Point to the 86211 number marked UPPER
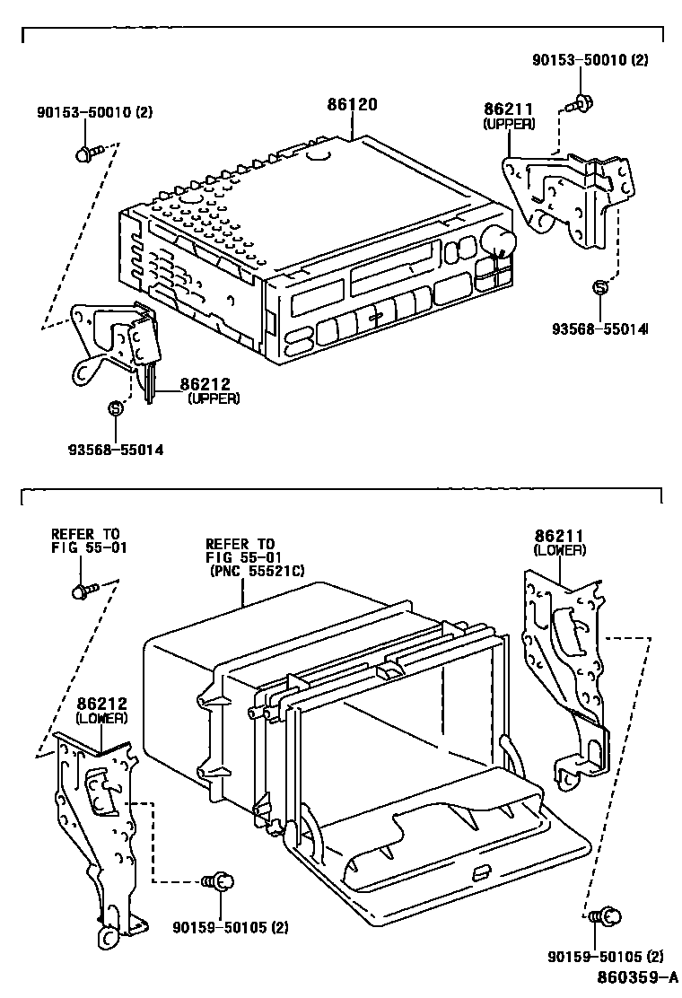point(509,110)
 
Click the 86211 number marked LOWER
point(559,536)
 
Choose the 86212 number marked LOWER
point(101,705)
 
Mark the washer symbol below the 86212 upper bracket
point(115,408)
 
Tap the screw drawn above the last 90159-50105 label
point(608,917)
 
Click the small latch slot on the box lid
point(481,871)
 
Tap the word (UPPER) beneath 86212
point(214,398)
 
